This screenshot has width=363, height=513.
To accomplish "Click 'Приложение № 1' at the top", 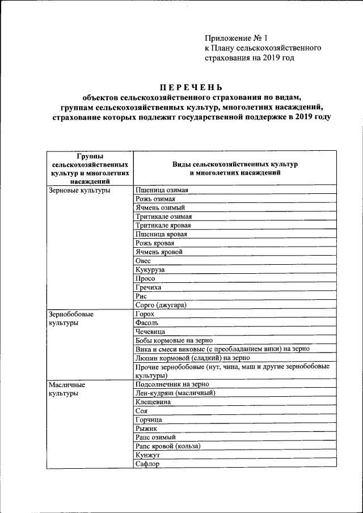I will click(x=236, y=39).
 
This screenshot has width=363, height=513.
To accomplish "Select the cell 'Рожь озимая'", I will click(x=155, y=199).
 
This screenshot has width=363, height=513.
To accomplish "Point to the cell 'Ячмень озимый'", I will click(x=161, y=208).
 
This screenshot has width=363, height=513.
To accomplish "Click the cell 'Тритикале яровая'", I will click(x=163, y=225).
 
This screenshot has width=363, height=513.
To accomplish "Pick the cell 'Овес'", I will click(x=143, y=261).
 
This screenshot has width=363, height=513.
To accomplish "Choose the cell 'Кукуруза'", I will click(x=150, y=270).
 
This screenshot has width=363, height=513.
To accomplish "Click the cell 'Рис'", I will click(x=142, y=296).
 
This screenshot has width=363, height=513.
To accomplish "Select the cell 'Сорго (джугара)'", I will click(x=161, y=305).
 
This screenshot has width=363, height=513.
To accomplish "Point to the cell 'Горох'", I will click(x=145, y=313).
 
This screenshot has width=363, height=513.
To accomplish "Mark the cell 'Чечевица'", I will click(x=151, y=331).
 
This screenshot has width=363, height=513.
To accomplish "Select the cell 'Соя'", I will click(x=142, y=410).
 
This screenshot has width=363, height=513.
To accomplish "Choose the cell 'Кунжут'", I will click(x=148, y=455).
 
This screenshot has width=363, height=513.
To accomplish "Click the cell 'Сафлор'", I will click(x=147, y=464).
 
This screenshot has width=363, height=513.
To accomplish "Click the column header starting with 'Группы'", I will click(x=87, y=168).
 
